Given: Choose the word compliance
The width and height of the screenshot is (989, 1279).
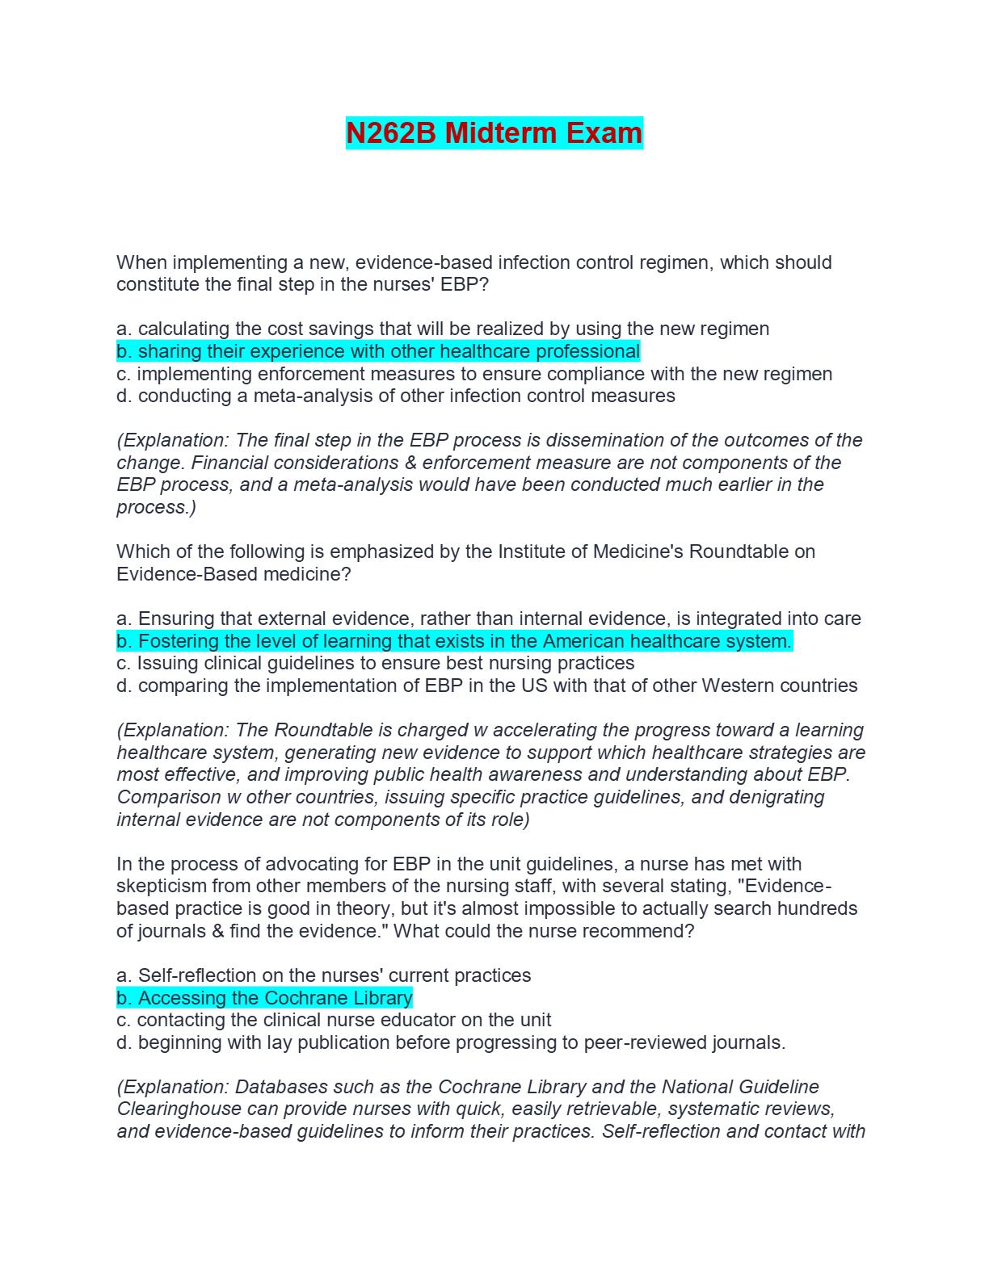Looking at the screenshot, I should pyautogui.click(x=649, y=374).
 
